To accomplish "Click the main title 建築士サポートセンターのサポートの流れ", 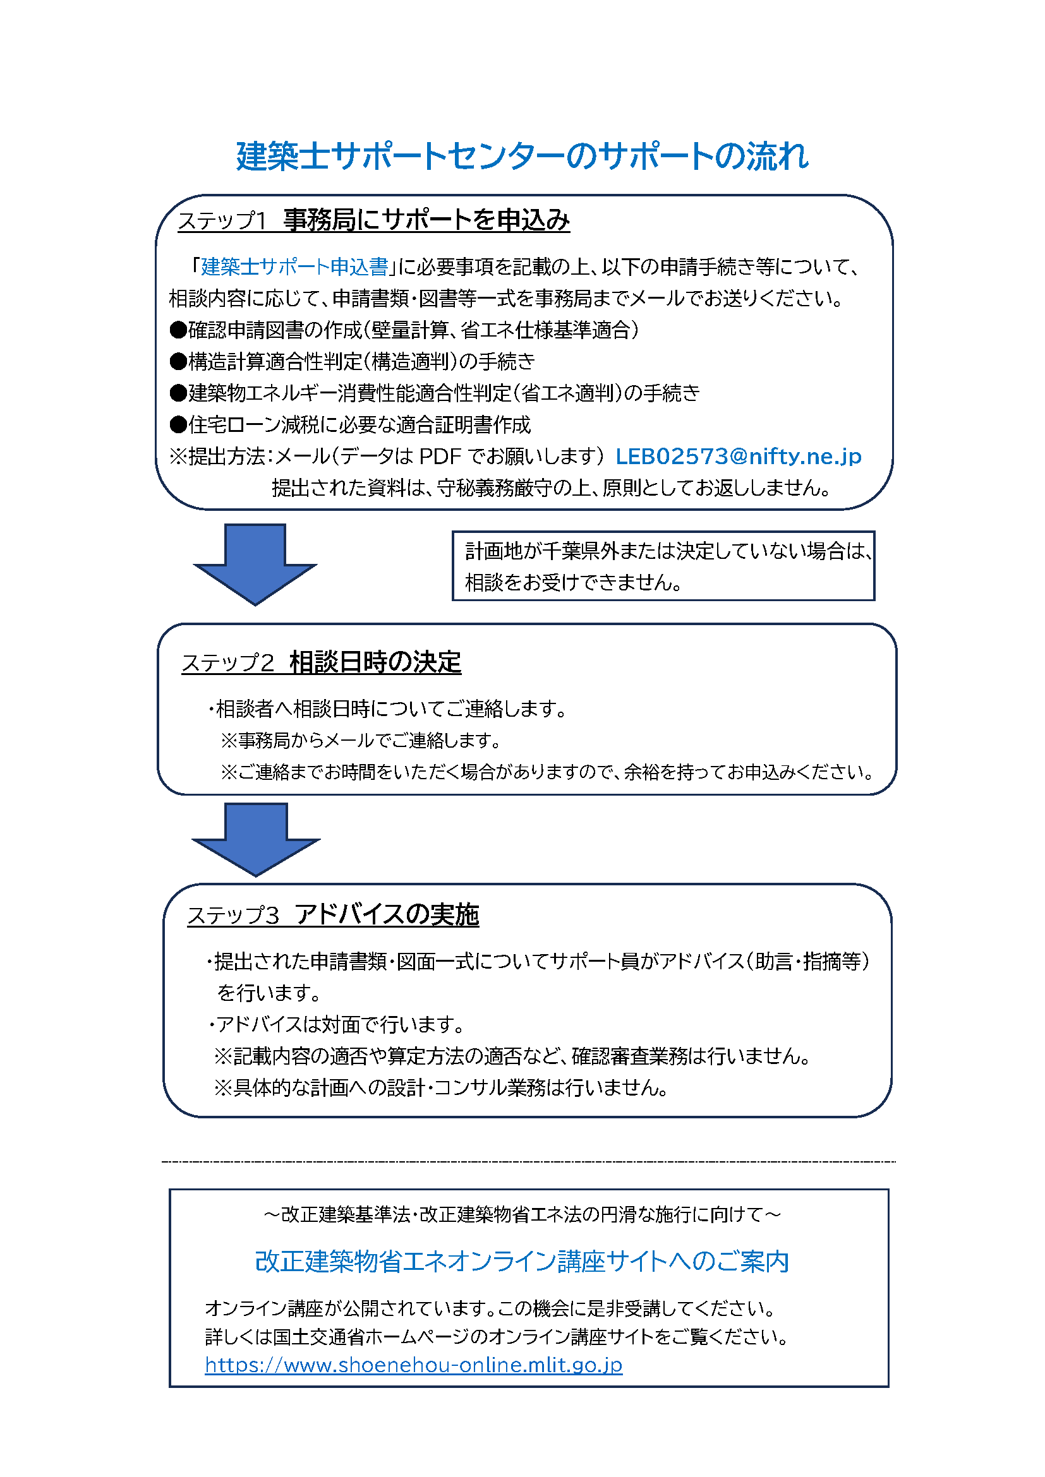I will (x=522, y=157).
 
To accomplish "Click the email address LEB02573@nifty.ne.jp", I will (x=738, y=456).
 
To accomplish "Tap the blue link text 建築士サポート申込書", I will (x=294, y=266).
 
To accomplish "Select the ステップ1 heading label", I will (x=222, y=220).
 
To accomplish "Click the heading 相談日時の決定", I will (x=375, y=662).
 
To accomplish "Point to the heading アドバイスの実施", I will (x=387, y=914).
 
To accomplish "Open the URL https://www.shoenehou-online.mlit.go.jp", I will (x=413, y=1365).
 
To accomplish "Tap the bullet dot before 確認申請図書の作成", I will (x=178, y=330).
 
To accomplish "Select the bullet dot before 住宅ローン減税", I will (x=178, y=424).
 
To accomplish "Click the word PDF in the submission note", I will (x=440, y=456).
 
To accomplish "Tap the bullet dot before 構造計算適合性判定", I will (x=178, y=362).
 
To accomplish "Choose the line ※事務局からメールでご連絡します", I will (x=360, y=741).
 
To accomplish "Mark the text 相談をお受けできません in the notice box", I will (x=572, y=583).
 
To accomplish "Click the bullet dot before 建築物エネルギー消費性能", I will (x=178, y=393).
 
